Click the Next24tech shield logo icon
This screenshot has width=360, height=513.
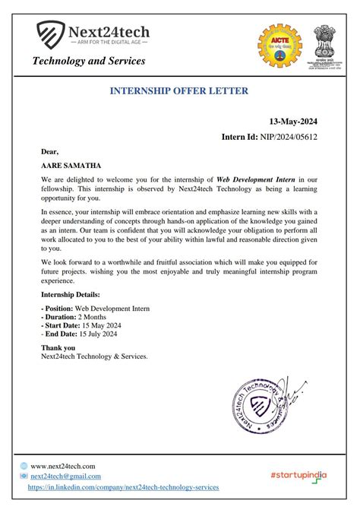click(51, 33)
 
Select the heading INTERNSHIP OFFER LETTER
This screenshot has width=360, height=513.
click(179, 91)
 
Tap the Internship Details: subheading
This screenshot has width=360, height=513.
click(70, 293)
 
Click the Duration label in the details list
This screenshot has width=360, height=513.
click(58, 317)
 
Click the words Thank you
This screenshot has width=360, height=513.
click(58, 347)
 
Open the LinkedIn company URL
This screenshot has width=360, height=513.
click(123, 486)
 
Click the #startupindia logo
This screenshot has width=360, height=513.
click(298, 475)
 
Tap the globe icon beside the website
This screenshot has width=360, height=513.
click(24, 465)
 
